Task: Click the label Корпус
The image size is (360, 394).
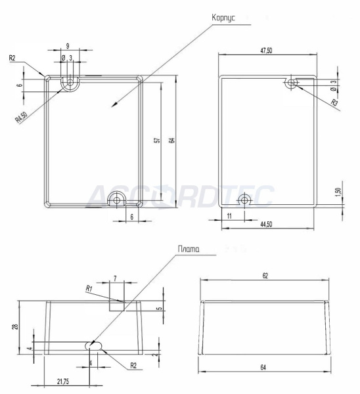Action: (x=223, y=17)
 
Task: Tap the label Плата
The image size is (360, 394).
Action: (x=189, y=250)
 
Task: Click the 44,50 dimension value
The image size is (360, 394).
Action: (x=266, y=224)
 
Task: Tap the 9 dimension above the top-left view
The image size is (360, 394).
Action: (x=68, y=46)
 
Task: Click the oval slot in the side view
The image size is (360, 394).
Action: (x=94, y=345)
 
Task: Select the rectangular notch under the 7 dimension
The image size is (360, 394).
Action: (x=116, y=305)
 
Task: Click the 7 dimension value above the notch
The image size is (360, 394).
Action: (x=115, y=279)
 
